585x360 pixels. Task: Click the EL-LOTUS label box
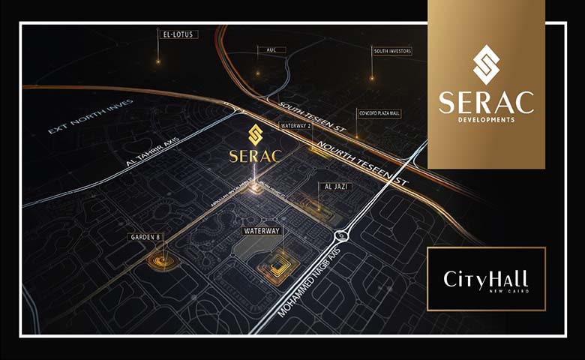coord(178,34)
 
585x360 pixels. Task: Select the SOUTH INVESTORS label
coord(391,52)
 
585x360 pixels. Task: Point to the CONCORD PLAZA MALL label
coord(379,113)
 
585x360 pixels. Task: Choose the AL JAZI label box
coord(319,185)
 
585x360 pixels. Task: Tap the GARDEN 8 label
coord(146,237)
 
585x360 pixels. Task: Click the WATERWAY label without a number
coord(262,232)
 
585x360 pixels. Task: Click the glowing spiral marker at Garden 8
coord(160,261)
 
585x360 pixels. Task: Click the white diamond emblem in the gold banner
coord(486,64)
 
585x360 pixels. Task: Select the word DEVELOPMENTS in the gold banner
coord(486,119)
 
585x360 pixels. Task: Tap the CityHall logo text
coord(485,279)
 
